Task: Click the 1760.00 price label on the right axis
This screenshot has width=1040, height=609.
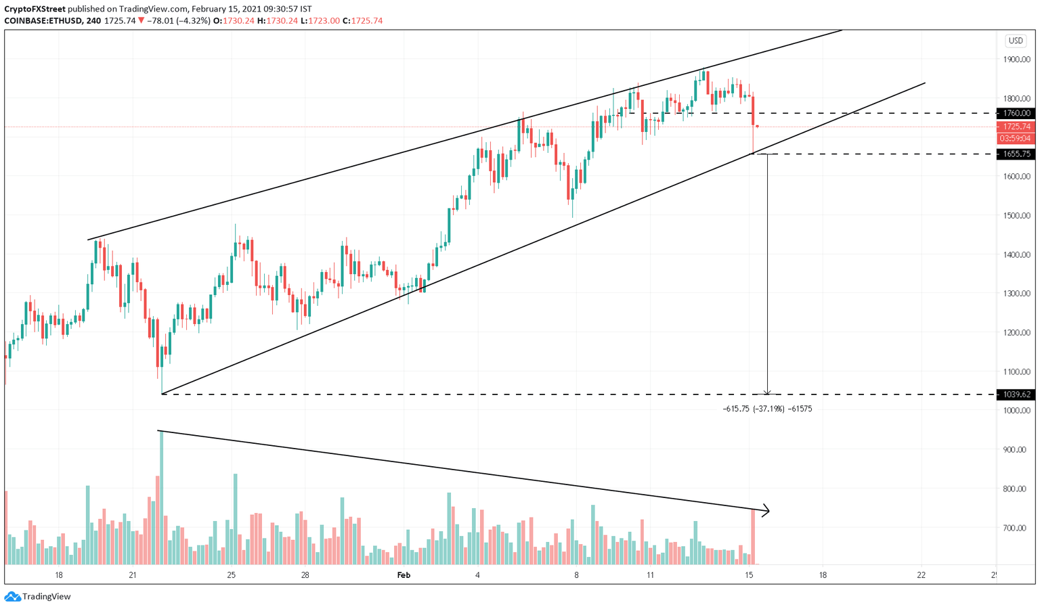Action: pos(1016,113)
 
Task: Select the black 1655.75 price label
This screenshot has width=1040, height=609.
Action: pos(1016,154)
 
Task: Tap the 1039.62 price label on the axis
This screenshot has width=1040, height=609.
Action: pos(1016,394)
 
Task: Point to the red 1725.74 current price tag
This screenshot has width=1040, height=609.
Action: pos(1016,127)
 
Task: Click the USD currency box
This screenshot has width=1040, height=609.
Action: pos(1016,41)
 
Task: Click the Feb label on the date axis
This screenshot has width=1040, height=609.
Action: pos(404,575)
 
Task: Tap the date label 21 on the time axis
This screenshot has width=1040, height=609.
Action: pos(133,575)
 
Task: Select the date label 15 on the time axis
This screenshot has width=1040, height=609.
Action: pos(749,575)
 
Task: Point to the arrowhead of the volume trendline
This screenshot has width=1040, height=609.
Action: pos(766,510)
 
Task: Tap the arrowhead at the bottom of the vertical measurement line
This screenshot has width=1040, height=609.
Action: pos(767,392)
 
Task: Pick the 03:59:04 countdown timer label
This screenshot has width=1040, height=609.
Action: pos(1016,139)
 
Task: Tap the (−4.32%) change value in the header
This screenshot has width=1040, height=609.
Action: pos(192,21)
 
